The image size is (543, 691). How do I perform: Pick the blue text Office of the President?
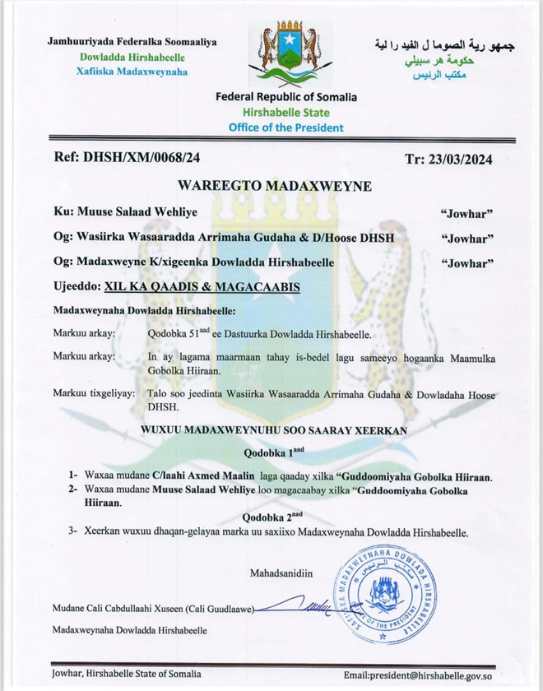tap(286, 128)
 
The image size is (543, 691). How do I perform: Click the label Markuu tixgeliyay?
tap(93, 395)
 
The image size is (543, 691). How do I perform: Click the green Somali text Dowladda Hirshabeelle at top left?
tap(132, 57)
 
